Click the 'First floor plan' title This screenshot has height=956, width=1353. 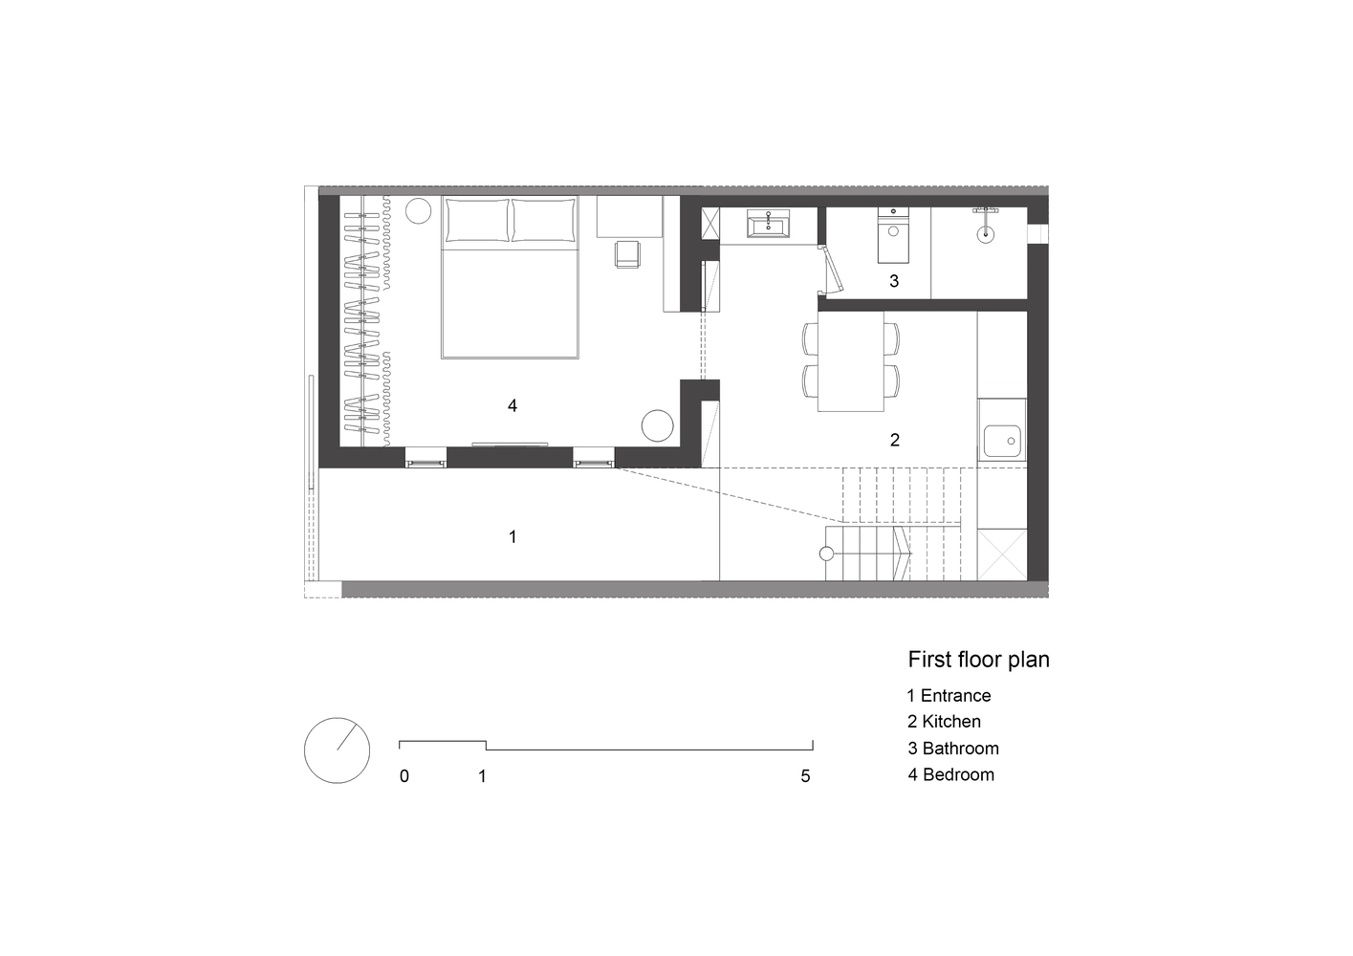tap(978, 660)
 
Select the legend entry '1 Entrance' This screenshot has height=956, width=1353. tap(949, 696)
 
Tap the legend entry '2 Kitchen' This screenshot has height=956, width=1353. tap(944, 722)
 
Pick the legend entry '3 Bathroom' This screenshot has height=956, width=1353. tap(953, 749)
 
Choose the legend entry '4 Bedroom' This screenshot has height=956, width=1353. tap(950, 774)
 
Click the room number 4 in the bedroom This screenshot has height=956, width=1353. tap(513, 406)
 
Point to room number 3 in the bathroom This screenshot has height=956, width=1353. tap(894, 281)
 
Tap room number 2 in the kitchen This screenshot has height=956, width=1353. tap(895, 440)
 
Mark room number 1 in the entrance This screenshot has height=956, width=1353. tap(513, 536)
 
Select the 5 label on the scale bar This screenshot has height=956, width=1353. tap(805, 776)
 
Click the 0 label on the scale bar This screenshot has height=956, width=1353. tap(404, 776)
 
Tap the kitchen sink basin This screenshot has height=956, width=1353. tap(1002, 441)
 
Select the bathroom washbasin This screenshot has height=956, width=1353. tap(767, 225)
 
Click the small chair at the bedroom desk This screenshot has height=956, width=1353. tap(627, 253)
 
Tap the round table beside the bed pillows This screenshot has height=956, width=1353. tap(418, 211)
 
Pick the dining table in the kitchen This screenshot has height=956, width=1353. tap(850, 361)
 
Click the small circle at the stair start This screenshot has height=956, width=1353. tap(826, 554)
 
